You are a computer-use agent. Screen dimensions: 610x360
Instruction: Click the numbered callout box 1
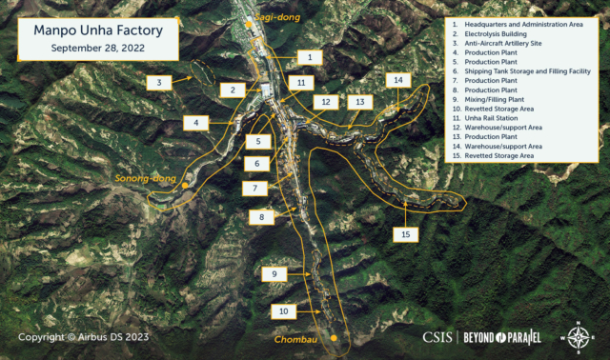pyautogui.click(x=309, y=57)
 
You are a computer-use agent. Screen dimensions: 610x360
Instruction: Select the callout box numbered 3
pyautogui.click(x=159, y=82)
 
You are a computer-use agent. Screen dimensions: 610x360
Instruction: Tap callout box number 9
pyautogui.click(x=274, y=274)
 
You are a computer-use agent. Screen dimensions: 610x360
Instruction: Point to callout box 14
pyautogui.click(x=398, y=80)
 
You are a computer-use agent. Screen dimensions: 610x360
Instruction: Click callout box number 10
pyautogui.click(x=283, y=310)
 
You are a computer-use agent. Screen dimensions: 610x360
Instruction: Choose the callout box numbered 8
pyautogui.click(x=260, y=217)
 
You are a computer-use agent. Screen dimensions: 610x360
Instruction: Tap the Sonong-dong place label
pyautogui.click(x=141, y=178)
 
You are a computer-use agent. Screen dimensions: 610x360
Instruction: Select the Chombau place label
pyautogui.click(x=295, y=339)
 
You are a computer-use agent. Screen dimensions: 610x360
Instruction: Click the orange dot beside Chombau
pyautogui.click(x=335, y=338)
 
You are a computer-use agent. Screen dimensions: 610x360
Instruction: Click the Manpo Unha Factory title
pyautogui.click(x=98, y=30)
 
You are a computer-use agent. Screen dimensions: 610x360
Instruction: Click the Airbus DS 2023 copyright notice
pyautogui.click(x=84, y=337)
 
